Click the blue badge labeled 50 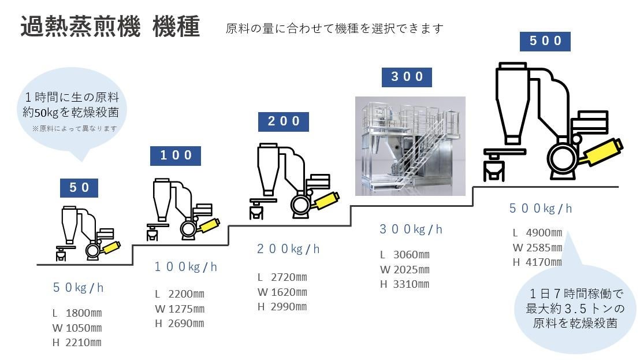pos(79,188)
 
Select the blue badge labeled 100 pos(176,155)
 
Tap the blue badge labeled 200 pos(283,121)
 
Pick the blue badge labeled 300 pos(407,77)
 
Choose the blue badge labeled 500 pos(545,41)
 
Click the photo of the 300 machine pos(410,146)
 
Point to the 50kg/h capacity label pos(78,288)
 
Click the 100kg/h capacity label pos(186,267)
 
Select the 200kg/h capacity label pos(288,249)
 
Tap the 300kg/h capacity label pos(411,229)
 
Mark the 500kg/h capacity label pos(541,209)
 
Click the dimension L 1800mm pos(77,313)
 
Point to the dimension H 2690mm pos(180,324)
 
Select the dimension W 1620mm pos(282,292)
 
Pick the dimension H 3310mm pos(404,284)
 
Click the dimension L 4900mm pos(538,233)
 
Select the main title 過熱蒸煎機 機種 pos(110,27)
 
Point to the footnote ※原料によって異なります pos(75,128)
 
